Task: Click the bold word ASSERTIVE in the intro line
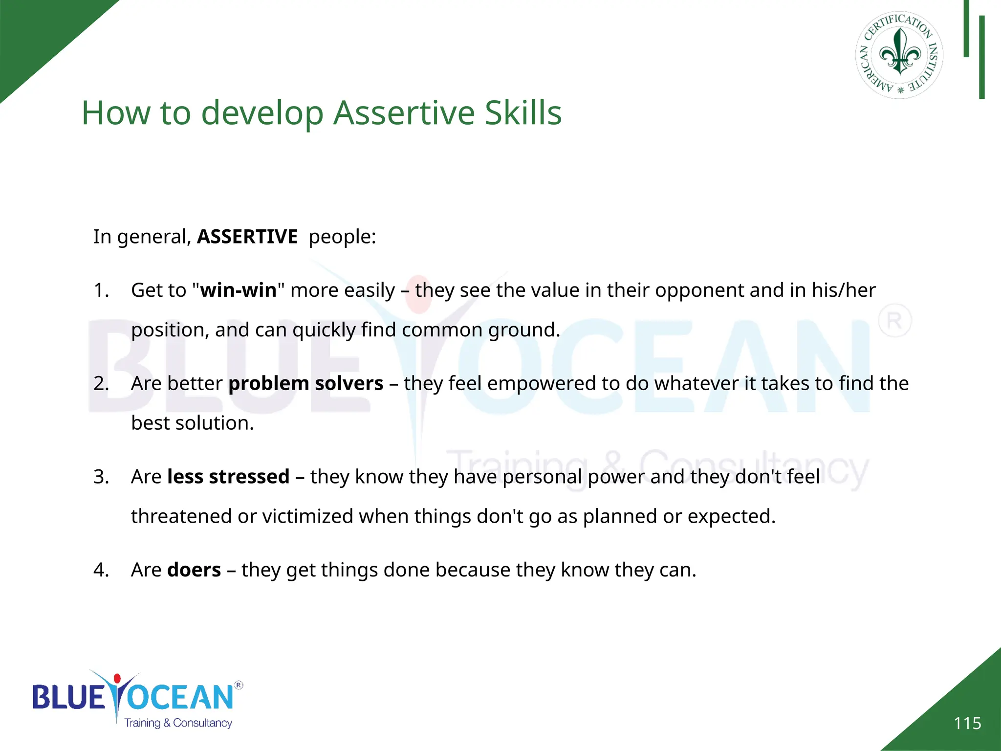(247, 237)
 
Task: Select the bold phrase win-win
(238, 290)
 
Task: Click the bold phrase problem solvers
(305, 383)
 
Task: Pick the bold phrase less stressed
(228, 477)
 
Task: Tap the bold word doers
(194, 570)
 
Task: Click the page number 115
(967, 723)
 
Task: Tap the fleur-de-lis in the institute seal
(900, 51)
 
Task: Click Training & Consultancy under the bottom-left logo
(178, 723)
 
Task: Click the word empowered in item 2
(541, 383)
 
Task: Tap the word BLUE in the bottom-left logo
(68, 697)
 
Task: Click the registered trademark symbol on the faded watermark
(894, 321)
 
